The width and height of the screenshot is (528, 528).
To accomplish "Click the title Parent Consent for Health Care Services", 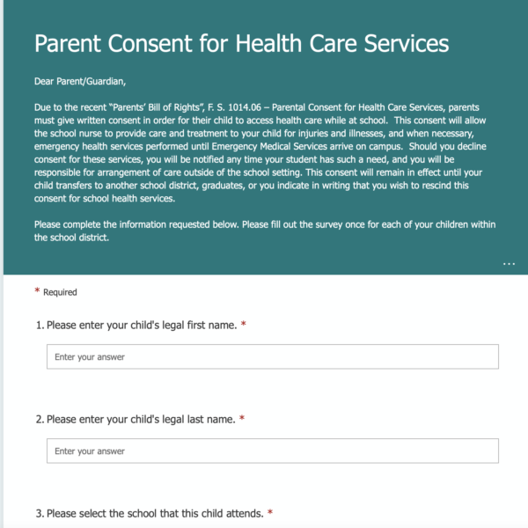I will pyautogui.click(x=241, y=43).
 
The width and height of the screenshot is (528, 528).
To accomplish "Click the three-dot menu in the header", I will pyautogui.click(x=510, y=263).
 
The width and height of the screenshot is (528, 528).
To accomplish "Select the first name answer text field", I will pyautogui.click(x=273, y=356).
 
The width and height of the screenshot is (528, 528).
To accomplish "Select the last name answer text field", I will pyautogui.click(x=273, y=451).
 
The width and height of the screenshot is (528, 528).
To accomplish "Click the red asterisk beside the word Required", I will pyautogui.click(x=37, y=291).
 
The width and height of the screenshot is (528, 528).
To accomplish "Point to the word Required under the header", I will pyautogui.click(x=61, y=292).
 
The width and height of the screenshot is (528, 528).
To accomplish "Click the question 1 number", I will pyautogui.click(x=40, y=326).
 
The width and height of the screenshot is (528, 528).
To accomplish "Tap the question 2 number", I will pyautogui.click(x=40, y=420).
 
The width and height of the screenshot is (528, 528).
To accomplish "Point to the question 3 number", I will pyautogui.click(x=40, y=513).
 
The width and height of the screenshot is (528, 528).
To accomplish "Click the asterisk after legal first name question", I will pyautogui.click(x=243, y=325).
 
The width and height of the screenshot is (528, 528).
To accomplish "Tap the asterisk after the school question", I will pyautogui.click(x=270, y=512).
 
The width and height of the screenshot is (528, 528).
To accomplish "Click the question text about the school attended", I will pyautogui.click(x=155, y=513).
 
